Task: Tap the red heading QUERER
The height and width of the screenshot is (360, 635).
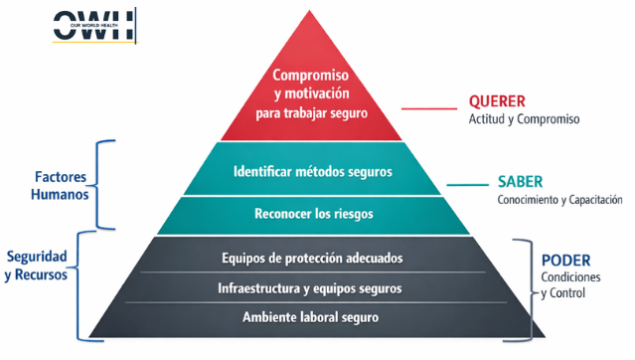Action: [497, 101]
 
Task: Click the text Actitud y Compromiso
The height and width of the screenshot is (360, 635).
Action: [524, 118]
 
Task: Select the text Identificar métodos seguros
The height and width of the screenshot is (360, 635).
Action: [312, 172]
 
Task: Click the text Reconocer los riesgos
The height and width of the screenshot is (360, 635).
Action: [312, 213]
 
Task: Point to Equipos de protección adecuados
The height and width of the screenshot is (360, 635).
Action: [312, 258]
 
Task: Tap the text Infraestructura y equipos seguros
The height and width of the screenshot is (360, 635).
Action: [310, 288]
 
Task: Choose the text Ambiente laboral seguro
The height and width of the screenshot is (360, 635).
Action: [311, 317]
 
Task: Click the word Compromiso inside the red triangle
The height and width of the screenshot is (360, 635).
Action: [311, 76]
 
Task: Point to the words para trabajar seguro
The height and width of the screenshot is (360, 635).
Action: [311, 113]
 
